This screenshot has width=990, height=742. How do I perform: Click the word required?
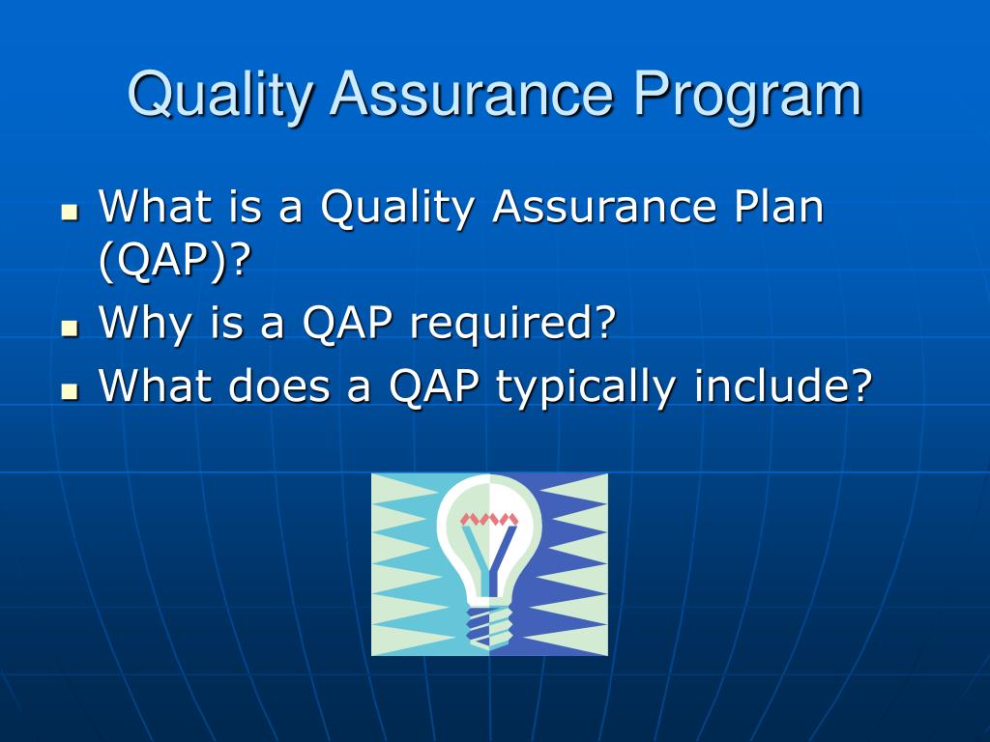(512, 323)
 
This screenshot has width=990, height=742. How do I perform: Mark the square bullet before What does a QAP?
(69, 391)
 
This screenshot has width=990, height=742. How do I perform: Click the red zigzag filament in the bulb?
(489, 519)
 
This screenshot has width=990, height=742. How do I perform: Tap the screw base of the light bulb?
(489, 624)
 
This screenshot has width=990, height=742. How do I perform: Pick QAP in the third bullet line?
(434, 387)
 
